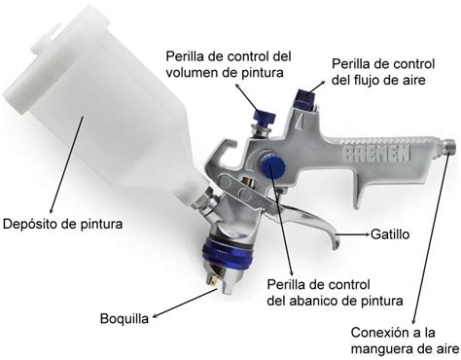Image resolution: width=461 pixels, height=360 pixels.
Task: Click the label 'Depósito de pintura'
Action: tap(61, 224)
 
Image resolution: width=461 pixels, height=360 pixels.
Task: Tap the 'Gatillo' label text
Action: tap(390, 234)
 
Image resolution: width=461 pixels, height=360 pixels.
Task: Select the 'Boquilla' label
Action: tap(124, 318)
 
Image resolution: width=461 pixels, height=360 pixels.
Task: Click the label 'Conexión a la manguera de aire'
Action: tap(406, 338)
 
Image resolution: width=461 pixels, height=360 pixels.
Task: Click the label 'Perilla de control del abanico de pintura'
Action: tap(317, 293)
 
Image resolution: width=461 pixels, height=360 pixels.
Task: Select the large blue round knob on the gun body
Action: tap(272, 166)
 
